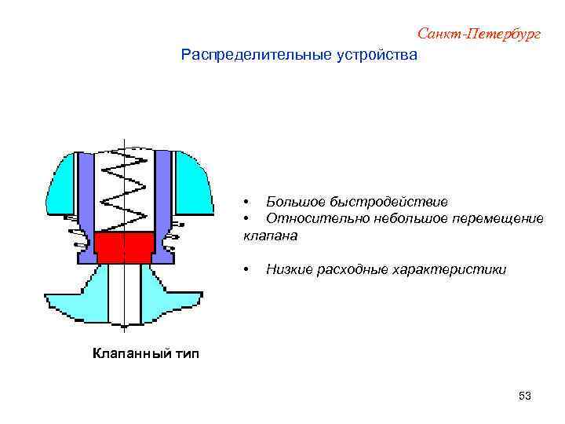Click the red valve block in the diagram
[124, 247]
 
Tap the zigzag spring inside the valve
[124, 192]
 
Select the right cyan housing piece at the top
[191, 181]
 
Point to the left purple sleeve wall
[86, 192]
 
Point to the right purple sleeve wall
[162, 192]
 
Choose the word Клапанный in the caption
[126, 353]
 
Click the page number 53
[525, 397]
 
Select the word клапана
[271, 235]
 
